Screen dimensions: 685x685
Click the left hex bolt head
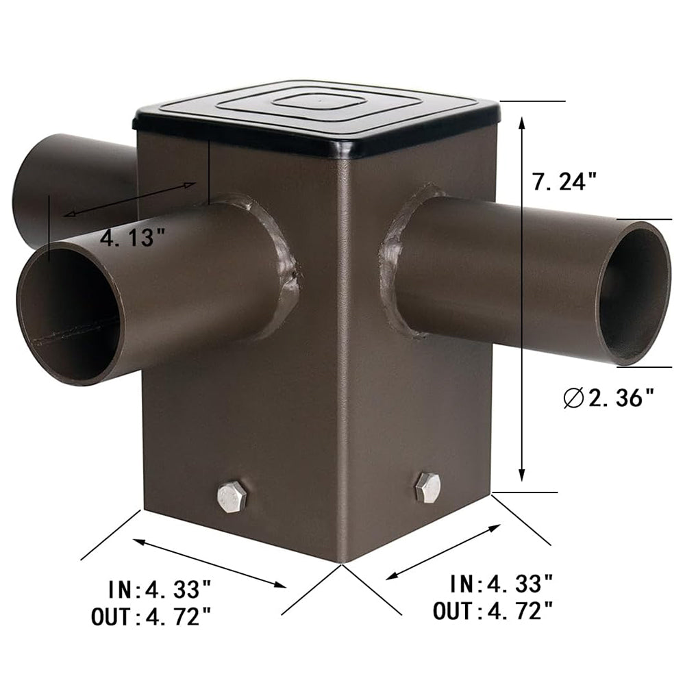(232, 497)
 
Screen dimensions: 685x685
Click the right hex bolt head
(427, 488)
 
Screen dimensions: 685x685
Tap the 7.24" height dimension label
(565, 182)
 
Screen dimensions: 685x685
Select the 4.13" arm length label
(133, 238)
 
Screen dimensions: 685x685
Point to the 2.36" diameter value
(621, 397)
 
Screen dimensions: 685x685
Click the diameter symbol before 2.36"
(574, 397)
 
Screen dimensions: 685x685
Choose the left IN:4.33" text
(159, 588)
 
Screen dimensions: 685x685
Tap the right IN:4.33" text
(501, 584)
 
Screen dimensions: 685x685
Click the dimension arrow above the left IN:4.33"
(209, 563)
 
